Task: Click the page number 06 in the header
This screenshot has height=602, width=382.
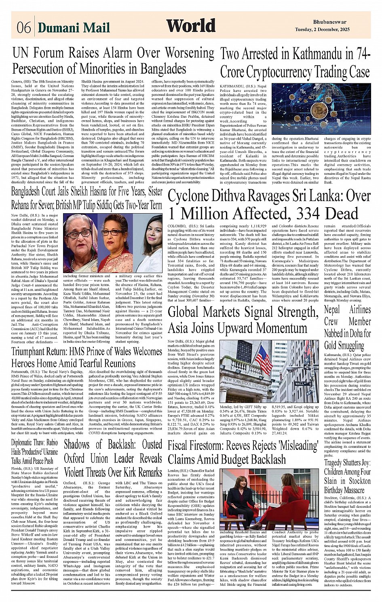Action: pyautogui.click(x=23, y=28)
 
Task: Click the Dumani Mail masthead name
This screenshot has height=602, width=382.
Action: pyautogui.click(x=74, y=28)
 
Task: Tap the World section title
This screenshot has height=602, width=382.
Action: pyautogui.click(x=191, y=25)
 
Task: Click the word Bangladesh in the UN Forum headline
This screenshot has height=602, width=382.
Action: pyautogui.click(x=160, y=69)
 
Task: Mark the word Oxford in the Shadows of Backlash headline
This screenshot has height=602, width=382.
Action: pyautogui.click(x=74, y=459)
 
